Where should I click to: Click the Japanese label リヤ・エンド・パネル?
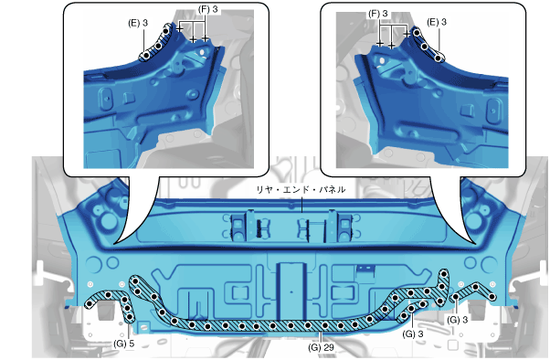[301, 189]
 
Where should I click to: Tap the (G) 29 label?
[321, 347]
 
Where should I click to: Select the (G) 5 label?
[124, 344]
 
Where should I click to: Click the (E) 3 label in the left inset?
[138, 23]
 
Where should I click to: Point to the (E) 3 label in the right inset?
[437, 22]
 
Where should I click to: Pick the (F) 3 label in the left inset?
[208, 9]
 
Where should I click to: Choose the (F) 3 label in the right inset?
[378, 14]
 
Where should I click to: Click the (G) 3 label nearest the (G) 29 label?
[413, 334]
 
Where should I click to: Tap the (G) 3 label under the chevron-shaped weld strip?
[457, 320]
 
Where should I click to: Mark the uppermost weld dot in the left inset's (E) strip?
[165, 31]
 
